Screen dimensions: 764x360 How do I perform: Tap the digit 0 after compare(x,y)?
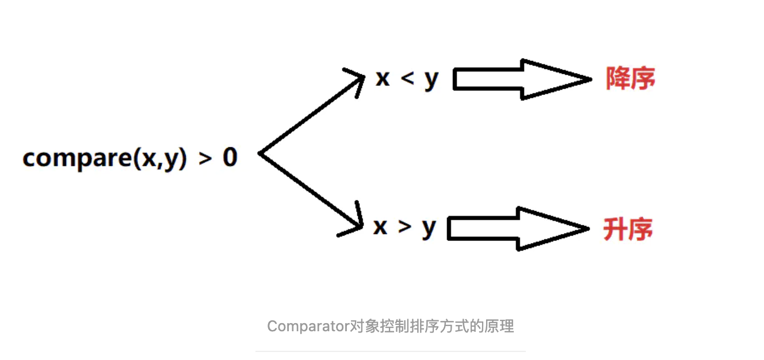click(x=230, y=156)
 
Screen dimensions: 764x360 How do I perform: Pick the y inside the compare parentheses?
click(x=170, y=160)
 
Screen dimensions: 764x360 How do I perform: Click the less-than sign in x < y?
click(x=407, y=79)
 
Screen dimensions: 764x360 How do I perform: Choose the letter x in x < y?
click(x=383, y=79)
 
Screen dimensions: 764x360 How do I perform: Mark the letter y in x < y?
click(x=431, y=81)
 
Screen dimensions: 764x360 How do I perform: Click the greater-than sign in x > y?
click(x=405, y=228)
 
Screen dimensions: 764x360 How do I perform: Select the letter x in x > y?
click(x=380, y=227)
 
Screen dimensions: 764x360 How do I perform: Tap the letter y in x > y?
click(x=429, y=229)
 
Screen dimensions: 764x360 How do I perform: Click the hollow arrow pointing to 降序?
click(x=521, y=79)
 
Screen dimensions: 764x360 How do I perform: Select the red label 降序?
click(x=630, y=79)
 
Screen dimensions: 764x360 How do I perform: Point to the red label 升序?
click(x=628, y=229)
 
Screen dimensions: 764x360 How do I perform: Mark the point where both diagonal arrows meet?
click(x=261, y=154)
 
